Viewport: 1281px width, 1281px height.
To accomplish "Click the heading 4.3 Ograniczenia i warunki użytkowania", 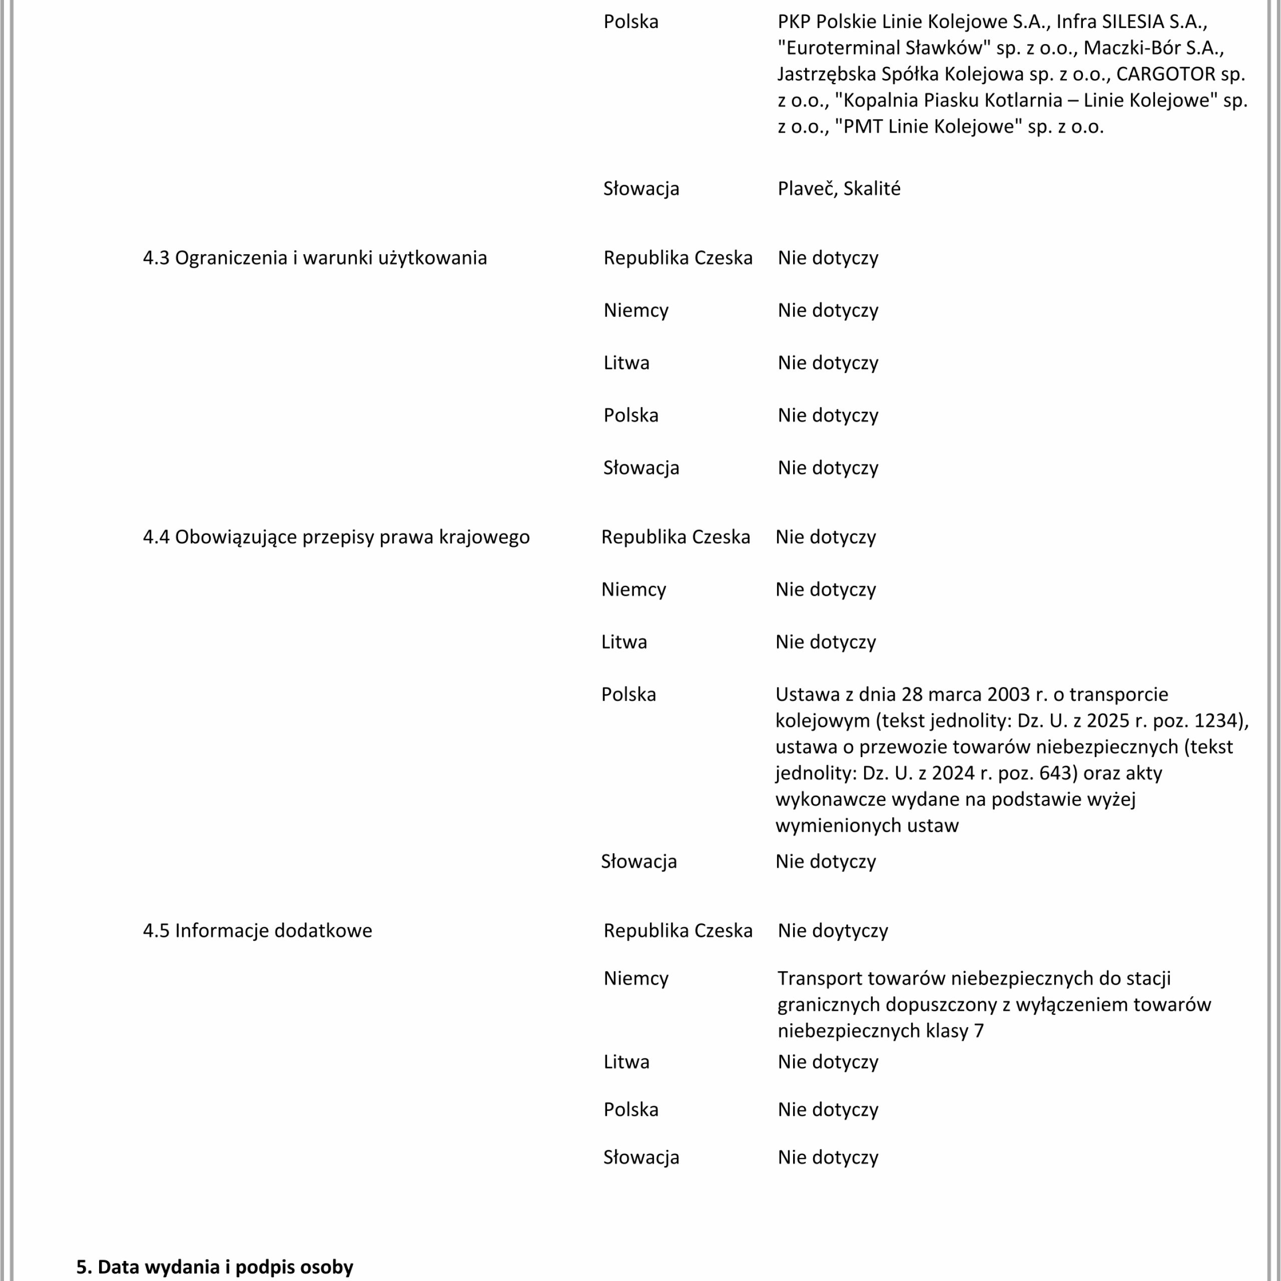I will (x=314, y=258).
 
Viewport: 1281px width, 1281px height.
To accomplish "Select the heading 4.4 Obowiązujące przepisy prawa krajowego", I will (x=336, y=537).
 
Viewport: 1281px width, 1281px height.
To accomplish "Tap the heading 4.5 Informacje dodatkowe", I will (x=257, y=931).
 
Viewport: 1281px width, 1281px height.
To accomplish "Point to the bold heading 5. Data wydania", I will (x=214, y=1267).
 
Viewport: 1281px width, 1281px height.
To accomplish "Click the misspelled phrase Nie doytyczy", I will (x=832, y=931).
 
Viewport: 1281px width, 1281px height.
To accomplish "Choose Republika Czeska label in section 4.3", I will (x=678, y=258).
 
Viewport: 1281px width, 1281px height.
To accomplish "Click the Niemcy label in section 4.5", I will (x=636, y=979).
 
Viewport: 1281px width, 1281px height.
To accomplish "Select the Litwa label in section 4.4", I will (x=624, y=642).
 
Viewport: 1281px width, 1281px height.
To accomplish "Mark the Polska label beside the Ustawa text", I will (x=628, y=695).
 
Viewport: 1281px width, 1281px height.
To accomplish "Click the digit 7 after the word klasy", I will (x=979, y=1031).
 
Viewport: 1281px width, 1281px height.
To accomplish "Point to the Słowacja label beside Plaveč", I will (x=641, y=189).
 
